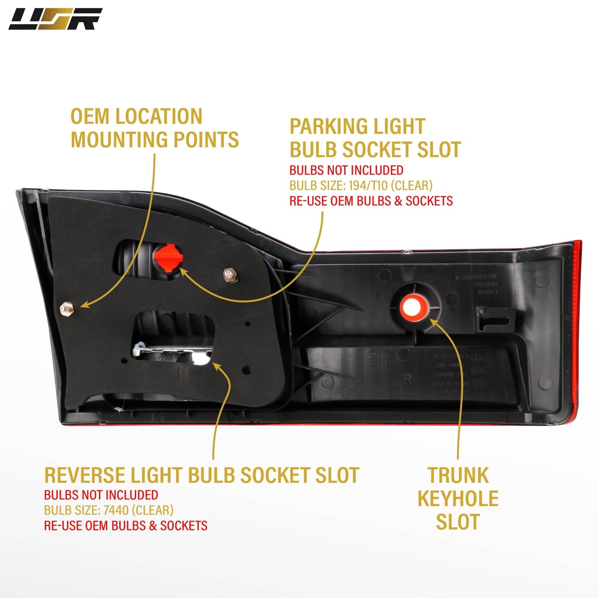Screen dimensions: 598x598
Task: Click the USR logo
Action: click(55, 19)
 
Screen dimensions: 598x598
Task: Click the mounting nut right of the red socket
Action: click(229, 275)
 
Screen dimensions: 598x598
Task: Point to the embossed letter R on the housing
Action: click(407, 379)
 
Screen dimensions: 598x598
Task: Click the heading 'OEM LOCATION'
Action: click(136, 117)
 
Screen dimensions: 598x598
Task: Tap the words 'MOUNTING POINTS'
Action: click(155, 139)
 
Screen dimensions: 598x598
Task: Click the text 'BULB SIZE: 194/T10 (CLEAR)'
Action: click(361, 185)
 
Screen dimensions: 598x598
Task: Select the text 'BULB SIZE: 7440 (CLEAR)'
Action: click(109, 510)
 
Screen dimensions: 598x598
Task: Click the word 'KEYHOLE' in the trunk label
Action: click(458, 498)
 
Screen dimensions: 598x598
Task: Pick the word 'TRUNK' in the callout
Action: click(458, 475)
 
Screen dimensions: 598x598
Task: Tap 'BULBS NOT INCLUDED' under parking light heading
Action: click(346, 170)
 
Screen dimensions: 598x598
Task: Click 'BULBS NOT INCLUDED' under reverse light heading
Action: click(101, 495)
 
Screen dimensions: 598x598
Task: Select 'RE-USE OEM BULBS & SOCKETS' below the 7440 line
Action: click(126, 525)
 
